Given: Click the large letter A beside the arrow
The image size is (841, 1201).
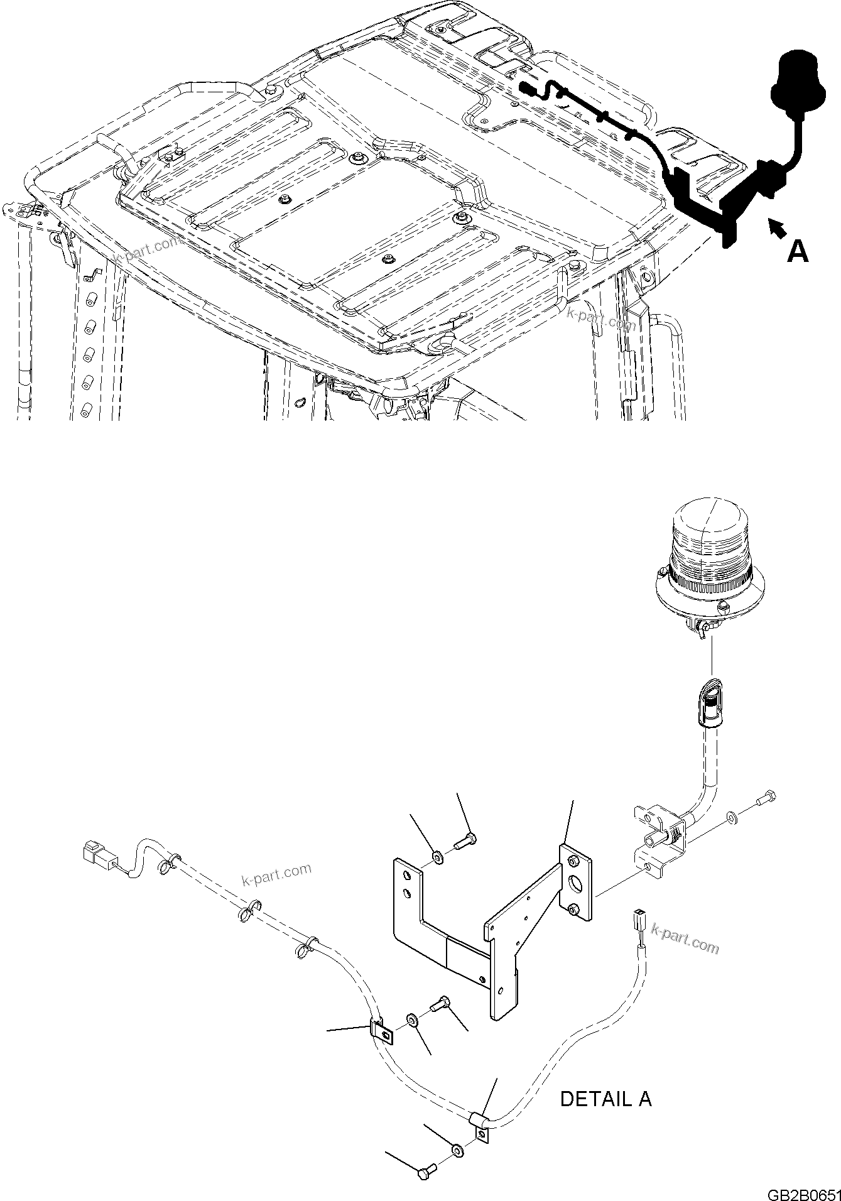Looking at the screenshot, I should (x=797, y=251).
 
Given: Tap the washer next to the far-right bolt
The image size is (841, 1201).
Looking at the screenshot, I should (x=732, y=817).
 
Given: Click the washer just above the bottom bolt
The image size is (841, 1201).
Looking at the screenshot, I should (x=457, y=1151).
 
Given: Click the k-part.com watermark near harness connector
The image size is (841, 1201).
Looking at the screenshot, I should (x=276, y=873).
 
